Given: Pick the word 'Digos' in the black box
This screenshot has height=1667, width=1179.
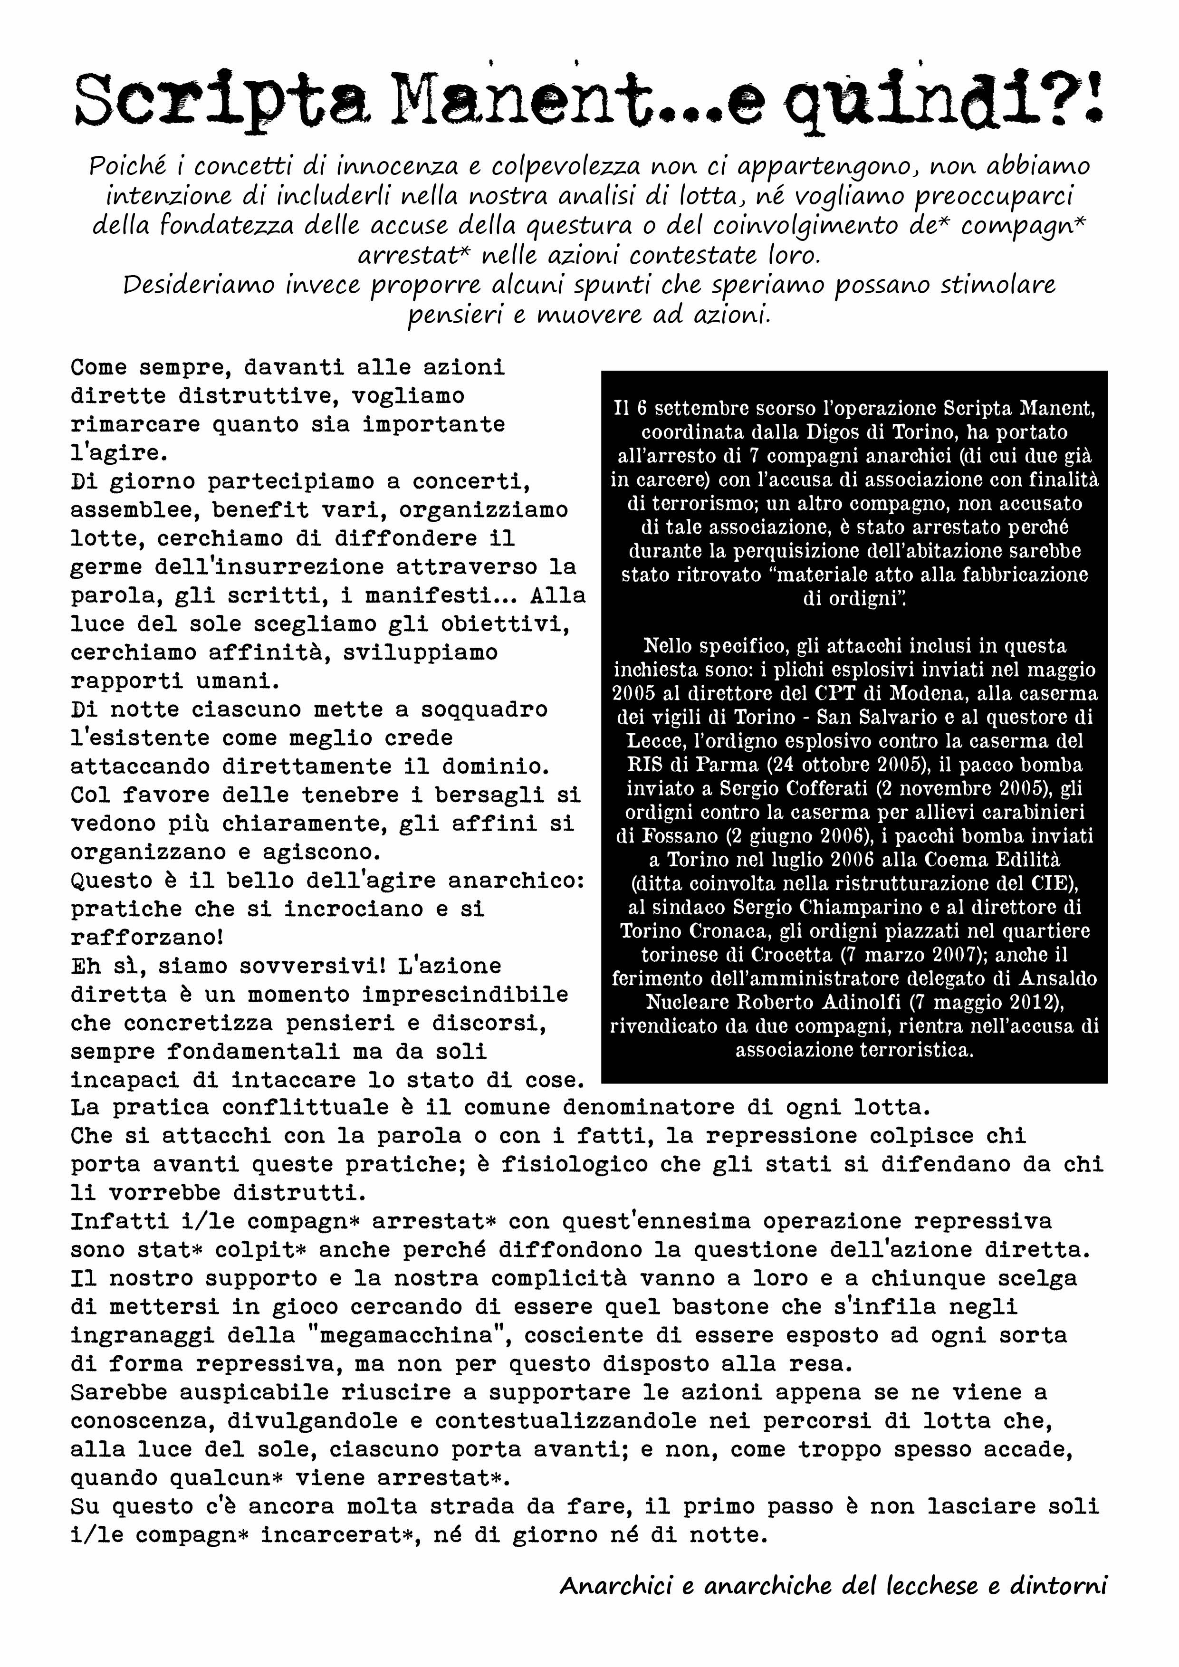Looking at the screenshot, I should tap(831, 432).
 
